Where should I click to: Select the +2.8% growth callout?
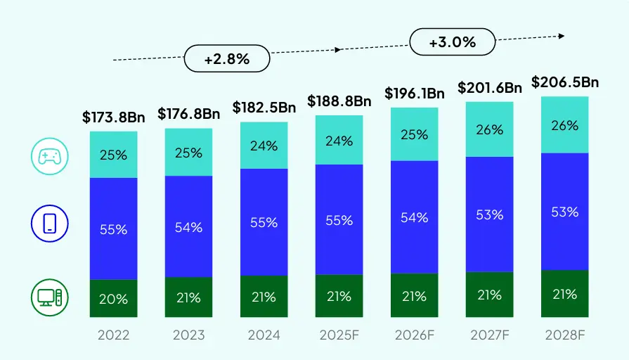tap(227, 59)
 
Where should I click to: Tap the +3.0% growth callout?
tap(452, 42)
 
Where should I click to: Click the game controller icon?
tap(49, 155)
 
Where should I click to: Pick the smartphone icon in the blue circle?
tap(49, 224)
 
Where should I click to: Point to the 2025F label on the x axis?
tap(339, 335)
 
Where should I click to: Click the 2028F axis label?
tap(564, 335)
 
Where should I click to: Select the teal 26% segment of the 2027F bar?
tap(489, 129)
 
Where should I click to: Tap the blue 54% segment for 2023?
tap(188, 226)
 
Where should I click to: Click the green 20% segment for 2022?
tap(114, 299)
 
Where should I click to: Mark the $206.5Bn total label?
tap(564, 82)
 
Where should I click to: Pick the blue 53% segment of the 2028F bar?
tap(564, 212)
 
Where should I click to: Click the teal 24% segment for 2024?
tap(264, 146)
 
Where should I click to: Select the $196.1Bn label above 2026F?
tap(415, 94)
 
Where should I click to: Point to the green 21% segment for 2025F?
tap(339, 296)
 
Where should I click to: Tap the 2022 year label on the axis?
tap(114, 335)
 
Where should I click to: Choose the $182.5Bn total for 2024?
tap(264, 108)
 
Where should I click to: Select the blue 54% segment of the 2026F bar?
tap(415, 217)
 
